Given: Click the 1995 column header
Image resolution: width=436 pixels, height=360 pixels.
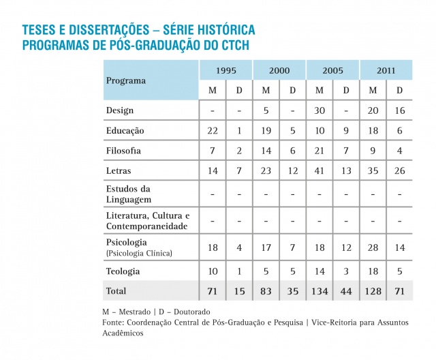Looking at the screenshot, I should (x=225, y=70).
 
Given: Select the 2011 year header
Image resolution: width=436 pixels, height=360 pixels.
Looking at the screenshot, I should (x=386, y=70).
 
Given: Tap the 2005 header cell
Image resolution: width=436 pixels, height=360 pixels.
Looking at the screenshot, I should (x=332, y=70).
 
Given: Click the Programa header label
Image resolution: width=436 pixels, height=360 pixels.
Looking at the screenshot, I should (x=125, y=80).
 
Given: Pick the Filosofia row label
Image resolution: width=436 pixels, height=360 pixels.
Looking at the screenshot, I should (x=123, y=151).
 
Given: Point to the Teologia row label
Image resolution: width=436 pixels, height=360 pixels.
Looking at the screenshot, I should (x=123, y=271).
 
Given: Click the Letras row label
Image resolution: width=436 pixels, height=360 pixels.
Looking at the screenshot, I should (x=119, y=170).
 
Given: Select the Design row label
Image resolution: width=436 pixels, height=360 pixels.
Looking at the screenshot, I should (x=120, y=110).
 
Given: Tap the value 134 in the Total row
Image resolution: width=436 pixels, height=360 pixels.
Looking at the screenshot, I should (x=319, y=292).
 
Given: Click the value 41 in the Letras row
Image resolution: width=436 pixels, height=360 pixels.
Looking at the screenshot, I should (x=319, y=170).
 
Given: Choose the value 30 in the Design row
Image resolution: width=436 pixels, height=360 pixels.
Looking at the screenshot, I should (x=319, y=110).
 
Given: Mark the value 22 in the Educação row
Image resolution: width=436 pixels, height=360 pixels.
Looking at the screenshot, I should (x=212, y=130).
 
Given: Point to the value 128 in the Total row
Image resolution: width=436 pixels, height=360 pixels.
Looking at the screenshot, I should (x=373, y=292).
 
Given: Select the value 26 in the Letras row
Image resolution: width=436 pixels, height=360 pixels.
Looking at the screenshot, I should (x=399, y=170).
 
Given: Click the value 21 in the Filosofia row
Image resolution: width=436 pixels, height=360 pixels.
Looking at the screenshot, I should (x=319, y=151).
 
